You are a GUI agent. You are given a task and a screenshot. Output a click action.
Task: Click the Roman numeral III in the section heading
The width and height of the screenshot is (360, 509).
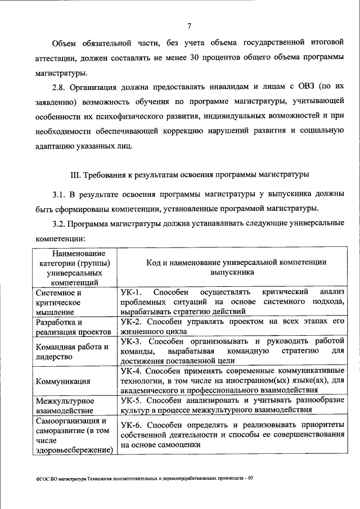(x=76, y=175)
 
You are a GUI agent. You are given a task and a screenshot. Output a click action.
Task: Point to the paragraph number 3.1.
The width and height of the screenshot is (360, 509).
(x=60, y=195)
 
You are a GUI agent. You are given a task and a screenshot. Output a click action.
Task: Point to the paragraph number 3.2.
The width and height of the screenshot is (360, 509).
(x=60, y=224)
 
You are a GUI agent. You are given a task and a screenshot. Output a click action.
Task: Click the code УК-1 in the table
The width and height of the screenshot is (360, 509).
(x=133, y=292)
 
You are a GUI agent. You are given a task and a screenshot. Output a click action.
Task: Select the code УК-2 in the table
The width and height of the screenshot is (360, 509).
(x=133, y=322)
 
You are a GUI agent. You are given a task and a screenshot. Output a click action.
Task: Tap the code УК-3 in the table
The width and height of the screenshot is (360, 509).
(x=133, y=341)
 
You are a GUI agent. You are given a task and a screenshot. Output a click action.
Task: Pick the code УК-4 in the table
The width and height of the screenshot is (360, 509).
(x=133, y=371)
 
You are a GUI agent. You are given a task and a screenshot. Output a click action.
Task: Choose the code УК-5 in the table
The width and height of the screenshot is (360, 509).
(x=133, y=400)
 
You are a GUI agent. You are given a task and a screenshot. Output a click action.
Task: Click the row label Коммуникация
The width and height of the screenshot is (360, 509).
(x=63, y=381)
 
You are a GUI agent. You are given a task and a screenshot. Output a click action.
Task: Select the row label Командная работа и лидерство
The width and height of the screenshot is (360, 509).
(x=71, y=352)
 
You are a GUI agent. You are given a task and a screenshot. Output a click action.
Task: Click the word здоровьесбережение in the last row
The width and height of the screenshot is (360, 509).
(x=73, y=449)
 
